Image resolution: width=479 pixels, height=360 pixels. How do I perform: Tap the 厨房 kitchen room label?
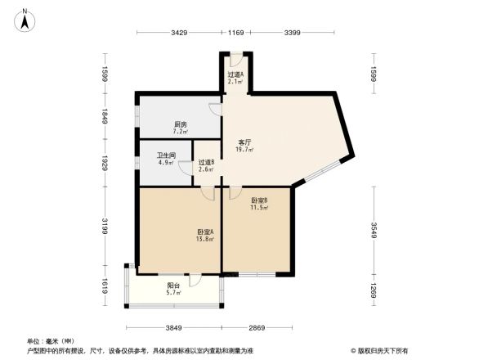click(x=180, y=124)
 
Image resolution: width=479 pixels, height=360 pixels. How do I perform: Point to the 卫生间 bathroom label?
click(x=168, y=155)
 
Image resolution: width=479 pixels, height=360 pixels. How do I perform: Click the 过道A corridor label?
click(x=235, y=74)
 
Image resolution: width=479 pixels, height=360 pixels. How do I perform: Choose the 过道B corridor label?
click(x=206, y=162)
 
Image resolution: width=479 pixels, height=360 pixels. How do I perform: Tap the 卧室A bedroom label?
click(x=204, y=232)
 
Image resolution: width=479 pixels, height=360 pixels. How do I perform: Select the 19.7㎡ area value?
click(x=244, y=150)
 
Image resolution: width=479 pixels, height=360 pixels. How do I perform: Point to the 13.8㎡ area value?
click(x=204, y=239)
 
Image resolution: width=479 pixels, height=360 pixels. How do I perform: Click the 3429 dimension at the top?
click(x=180, y=33)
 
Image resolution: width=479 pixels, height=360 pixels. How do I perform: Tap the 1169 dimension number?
click(x=236, y=33)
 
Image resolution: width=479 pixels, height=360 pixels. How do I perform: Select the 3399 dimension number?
click(x=292, y=33)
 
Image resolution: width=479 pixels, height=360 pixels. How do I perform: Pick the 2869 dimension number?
click(x=258, y=327)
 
